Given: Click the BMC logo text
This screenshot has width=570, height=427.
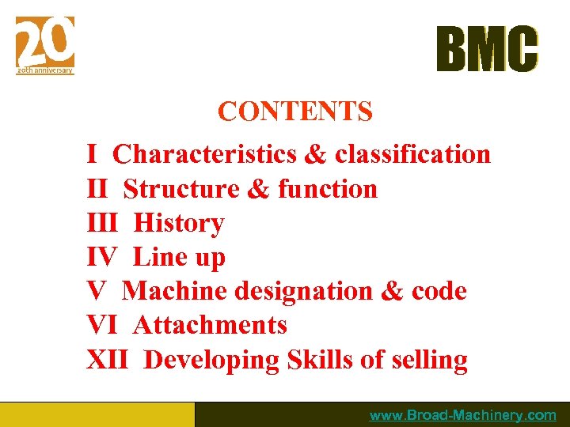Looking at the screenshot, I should pos(487,49).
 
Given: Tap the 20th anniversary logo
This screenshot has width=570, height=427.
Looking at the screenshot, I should pos(45,45).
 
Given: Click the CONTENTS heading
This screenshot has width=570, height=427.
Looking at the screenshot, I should pos(294,112).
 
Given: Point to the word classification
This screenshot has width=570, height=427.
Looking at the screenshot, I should pos(412,154).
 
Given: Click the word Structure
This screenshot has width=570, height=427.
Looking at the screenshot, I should pos(181,189).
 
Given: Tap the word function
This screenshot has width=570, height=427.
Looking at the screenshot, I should pos(328,189).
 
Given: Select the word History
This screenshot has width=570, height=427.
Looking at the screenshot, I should pos(179,223).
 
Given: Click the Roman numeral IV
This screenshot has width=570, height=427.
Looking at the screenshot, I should pos(101,257).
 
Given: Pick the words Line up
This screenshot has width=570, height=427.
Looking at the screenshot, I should pos(179,257).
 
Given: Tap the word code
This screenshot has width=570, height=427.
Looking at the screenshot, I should pos(439,291).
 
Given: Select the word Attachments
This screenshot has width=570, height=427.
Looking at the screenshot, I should pos(210,325).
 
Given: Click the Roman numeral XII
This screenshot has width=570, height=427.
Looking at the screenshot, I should pos(106,360).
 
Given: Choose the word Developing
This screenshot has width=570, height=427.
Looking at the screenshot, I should pos(212,361).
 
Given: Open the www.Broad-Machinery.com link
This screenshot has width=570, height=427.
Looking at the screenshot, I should pos(462,415).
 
